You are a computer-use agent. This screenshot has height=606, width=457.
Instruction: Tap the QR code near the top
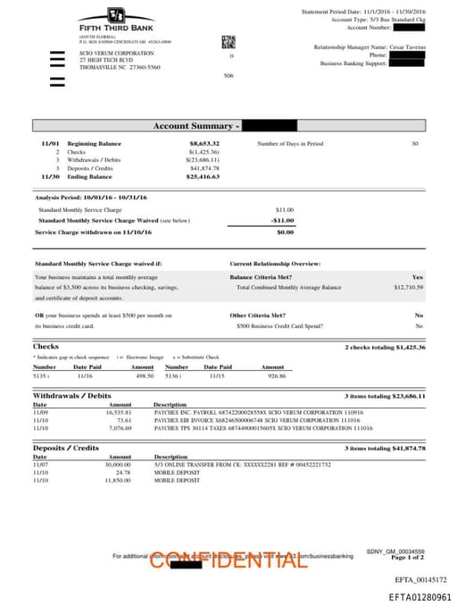pos(228,41)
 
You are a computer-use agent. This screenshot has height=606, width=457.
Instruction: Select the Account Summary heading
pos(196,126)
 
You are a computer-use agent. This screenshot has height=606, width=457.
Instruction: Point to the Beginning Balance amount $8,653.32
pos(204,144)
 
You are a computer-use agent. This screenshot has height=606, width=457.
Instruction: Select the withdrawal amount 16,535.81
pos(119,412)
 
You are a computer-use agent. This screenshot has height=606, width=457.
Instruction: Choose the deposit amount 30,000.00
pos(119,465)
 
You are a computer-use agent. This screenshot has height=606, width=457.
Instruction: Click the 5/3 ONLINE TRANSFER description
pos(242,465)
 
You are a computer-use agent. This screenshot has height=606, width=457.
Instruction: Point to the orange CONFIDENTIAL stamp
pos(222,560)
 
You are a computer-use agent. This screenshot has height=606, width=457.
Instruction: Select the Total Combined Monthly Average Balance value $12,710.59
pos(408,288)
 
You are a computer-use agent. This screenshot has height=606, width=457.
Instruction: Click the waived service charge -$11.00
pos(282,220)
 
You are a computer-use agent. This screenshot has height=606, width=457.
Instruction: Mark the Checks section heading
pos(46,347)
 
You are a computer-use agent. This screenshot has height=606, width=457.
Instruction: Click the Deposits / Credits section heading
pos(66,448)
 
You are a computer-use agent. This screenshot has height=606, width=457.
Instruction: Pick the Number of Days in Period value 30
pos(414,144)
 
